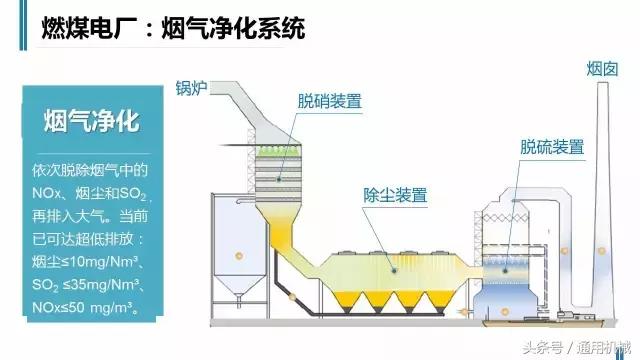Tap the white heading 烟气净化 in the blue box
[x=91, y=122]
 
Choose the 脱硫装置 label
[x=551, y=146]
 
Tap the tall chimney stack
[x=603, y=200]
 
